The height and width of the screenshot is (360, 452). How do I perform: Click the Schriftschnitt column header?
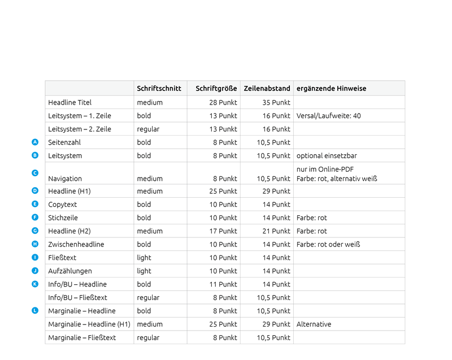point(159,88)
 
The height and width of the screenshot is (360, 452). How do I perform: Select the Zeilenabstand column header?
point(267,88)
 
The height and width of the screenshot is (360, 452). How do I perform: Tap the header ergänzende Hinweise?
point(331,88)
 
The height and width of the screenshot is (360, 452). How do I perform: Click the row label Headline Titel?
point(70,102)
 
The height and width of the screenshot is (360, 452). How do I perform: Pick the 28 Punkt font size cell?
point(223,102)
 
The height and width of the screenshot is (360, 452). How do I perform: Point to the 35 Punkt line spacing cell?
point(276,102)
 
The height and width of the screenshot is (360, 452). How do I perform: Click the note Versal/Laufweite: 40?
point(329,116)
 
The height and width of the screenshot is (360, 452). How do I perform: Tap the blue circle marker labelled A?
point(35,142)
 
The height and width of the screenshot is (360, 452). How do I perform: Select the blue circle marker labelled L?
point(35,310)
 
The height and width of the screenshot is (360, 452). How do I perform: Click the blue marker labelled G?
point(35,231)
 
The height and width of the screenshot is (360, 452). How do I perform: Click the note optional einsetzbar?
point(327,155)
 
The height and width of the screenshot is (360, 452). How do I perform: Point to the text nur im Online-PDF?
point(325,169)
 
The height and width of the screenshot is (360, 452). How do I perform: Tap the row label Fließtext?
point(62,258)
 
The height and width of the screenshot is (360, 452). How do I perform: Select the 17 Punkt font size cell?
point(224,231)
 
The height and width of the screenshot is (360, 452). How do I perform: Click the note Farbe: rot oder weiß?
point(328,244)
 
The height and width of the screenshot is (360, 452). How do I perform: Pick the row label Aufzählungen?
point(70,271)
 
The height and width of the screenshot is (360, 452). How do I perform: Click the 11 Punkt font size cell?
point(224,284)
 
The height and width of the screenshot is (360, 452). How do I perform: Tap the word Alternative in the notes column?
point(314,324)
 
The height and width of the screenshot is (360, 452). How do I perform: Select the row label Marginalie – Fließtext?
point(82,337)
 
